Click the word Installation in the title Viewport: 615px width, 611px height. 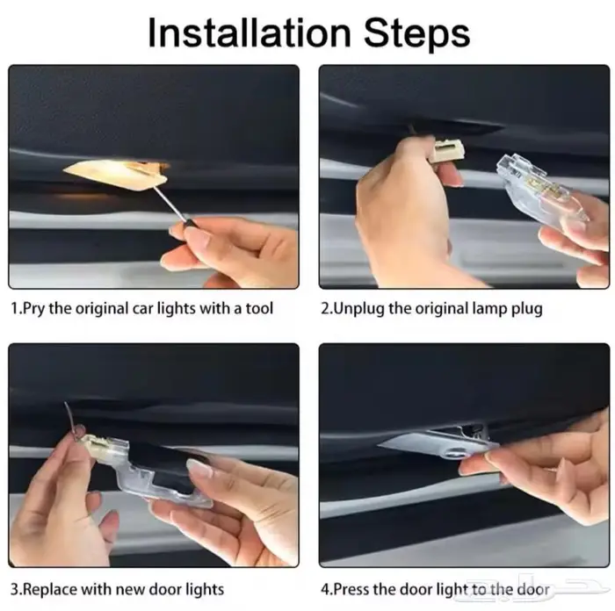[x=250, y=33]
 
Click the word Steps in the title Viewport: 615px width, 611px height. [x=416, y=35]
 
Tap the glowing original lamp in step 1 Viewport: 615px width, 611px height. [x=117, y=174]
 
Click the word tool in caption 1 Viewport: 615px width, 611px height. [x=259, y=308]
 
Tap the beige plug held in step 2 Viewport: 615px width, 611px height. [x=446, y=151]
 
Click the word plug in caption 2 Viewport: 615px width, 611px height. [x=527, y=309]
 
